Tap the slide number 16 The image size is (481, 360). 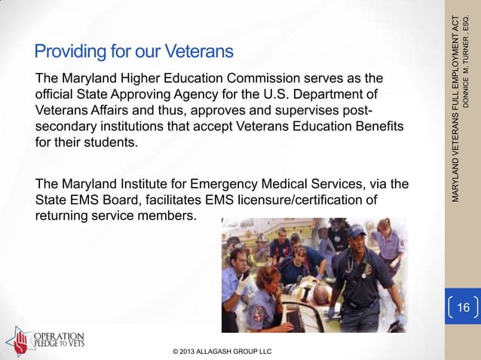[x=463, y=308]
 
